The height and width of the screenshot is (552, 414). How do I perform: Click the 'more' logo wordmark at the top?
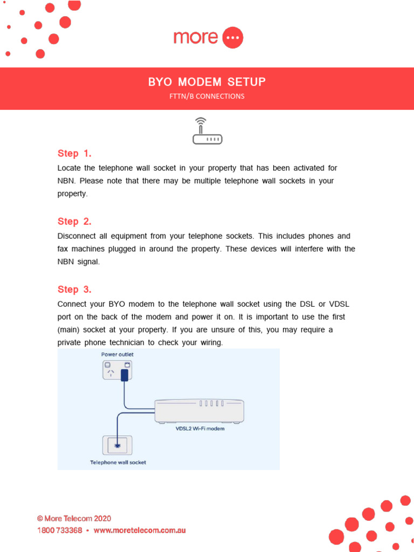click(195, 38)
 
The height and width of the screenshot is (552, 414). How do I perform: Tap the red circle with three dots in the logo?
click(232, 38)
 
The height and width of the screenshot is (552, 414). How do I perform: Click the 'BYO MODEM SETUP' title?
click(207, 82)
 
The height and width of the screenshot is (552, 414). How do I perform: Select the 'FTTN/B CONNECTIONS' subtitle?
click(207, 96)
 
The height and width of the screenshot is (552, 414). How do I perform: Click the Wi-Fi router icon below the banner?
click(207, 132)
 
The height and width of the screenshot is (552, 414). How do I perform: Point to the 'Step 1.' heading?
click(74, 153)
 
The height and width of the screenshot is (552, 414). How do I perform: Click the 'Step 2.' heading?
click(74, 222)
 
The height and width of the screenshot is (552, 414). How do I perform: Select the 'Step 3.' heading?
click(74, 289)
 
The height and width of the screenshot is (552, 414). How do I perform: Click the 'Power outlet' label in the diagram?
click(118, 355)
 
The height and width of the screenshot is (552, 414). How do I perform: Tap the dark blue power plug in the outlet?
click(124, 375)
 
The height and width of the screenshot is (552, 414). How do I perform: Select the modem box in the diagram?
click(199, 411)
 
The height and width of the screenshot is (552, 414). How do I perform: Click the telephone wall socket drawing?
click(117, 445)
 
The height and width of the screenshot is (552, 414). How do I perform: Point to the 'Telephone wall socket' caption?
click(118, 463)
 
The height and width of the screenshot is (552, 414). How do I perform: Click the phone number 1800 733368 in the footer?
click(59, 530)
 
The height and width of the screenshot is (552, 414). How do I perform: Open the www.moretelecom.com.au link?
click(140, 530)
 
